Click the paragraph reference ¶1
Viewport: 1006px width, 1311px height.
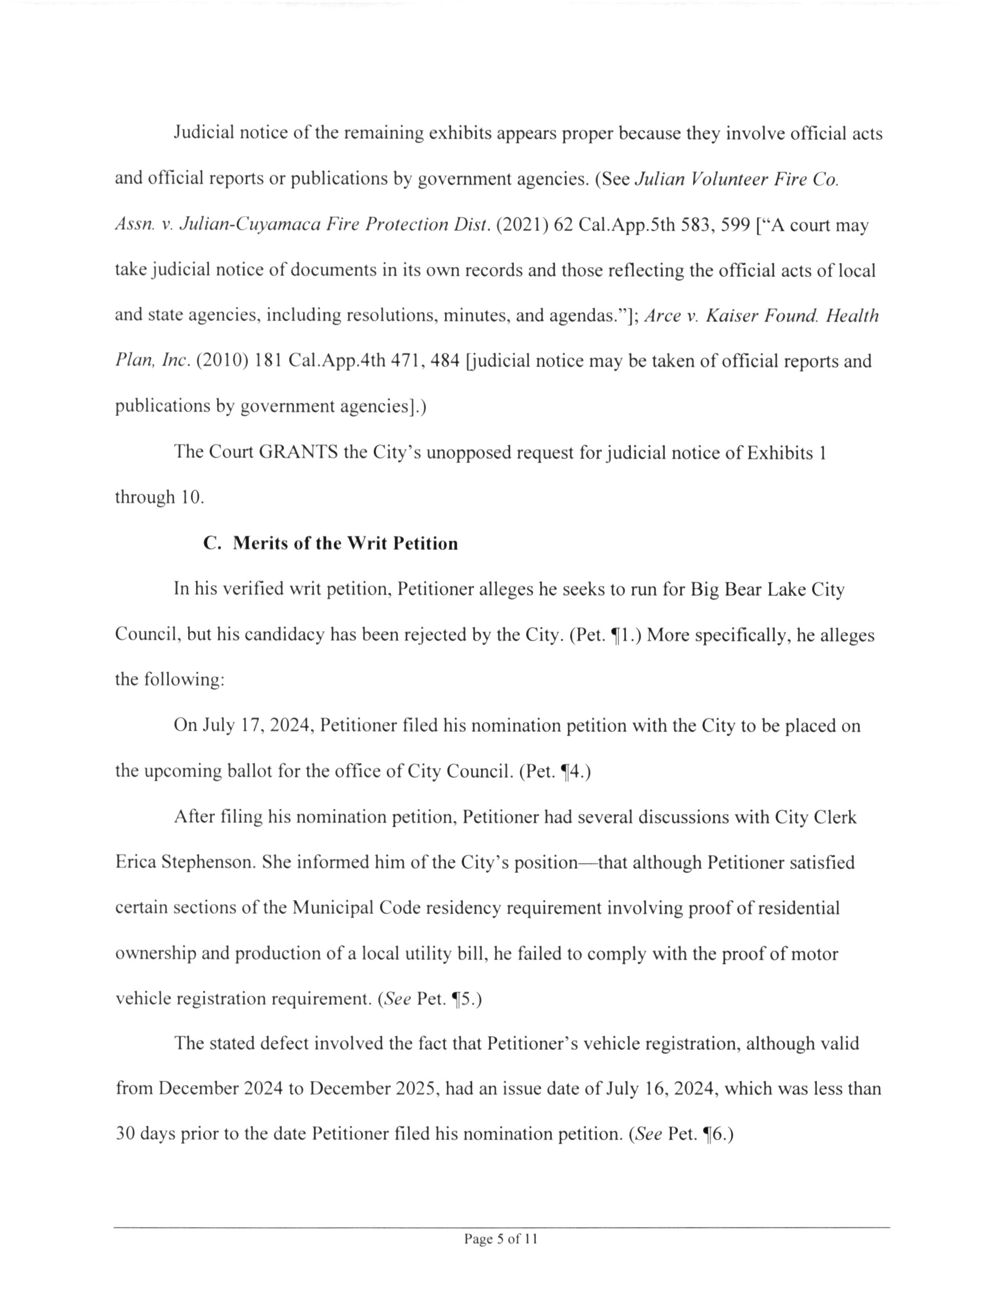[x=623, y=635]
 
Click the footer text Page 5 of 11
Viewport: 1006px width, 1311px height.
[x=501, y=1239]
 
